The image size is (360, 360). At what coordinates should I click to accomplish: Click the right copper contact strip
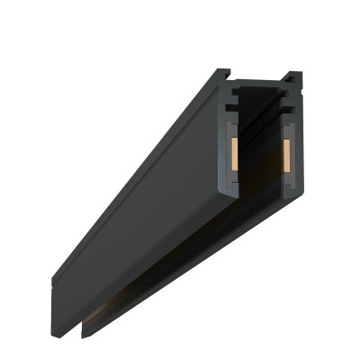tap(289, 155)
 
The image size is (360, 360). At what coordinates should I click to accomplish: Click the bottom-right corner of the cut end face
tap(301, 193)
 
